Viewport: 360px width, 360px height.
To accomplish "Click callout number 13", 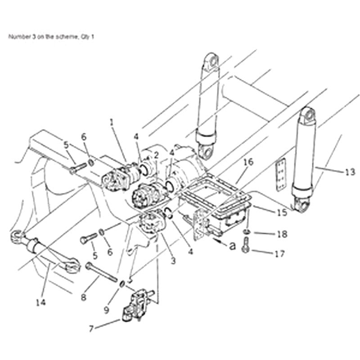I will pyautogui.click(x=350, y=171).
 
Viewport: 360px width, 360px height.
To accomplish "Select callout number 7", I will pyautogui.click(x=91, y=328).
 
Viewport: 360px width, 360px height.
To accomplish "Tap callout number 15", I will pyautogui.click(x=282, y=212).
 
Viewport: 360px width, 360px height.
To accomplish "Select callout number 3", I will pyautogui.click(x=173, y=260).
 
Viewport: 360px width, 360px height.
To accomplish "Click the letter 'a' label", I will pyautogui.click(x=232, y=246).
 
